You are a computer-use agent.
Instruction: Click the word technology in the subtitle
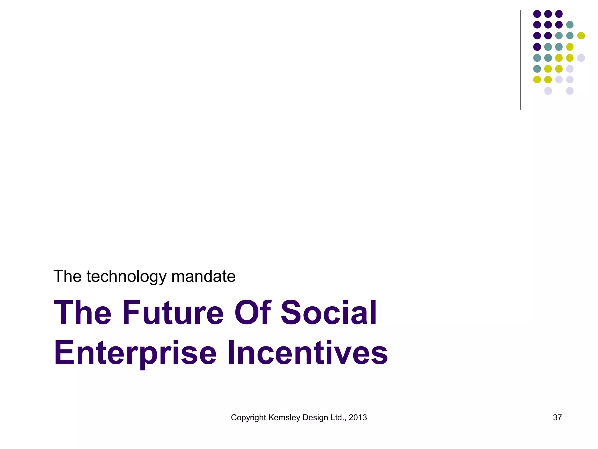(126, 277)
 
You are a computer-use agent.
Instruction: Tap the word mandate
(203, 277)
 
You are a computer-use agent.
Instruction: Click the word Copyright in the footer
(248, 418)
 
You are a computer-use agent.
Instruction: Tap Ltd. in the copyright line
(338, 418)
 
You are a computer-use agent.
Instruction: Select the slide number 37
(557, 418)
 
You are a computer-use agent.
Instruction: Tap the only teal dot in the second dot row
(570, 25)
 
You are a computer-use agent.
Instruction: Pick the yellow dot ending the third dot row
(581, 36)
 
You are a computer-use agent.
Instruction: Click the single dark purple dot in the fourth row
(537, 47)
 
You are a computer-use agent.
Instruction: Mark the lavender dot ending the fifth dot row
(581, 58)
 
